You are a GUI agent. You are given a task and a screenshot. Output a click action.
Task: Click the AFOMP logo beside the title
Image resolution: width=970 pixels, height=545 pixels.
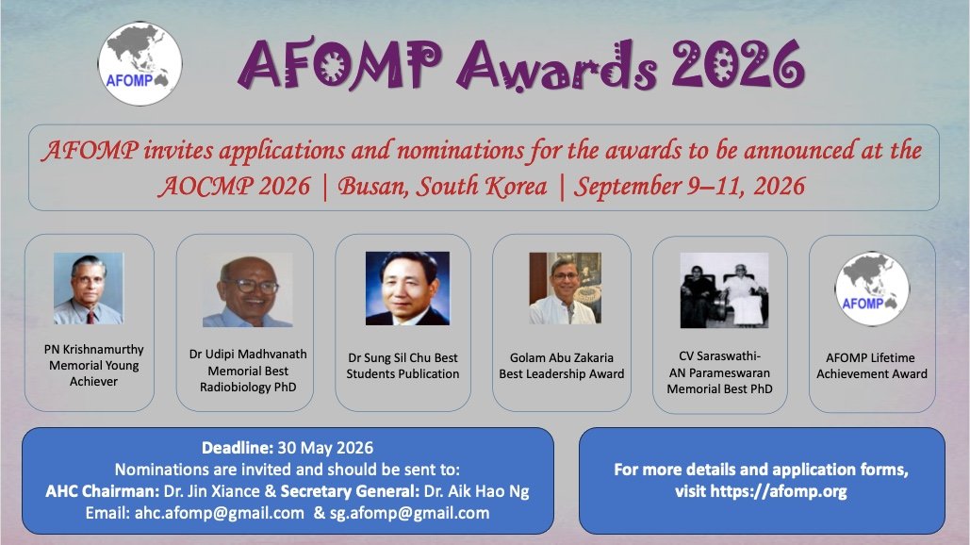pos(140,63)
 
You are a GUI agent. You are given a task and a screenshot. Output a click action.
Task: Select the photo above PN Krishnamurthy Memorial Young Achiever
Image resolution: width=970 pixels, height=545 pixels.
pos(89,289)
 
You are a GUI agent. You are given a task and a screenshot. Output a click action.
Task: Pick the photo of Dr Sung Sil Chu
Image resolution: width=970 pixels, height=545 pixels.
pos(407,289)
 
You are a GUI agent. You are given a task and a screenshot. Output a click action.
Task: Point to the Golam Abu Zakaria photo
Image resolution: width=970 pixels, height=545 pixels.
pos(565,289)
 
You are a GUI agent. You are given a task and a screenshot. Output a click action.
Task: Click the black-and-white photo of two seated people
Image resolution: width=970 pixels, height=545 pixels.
pos(724,290)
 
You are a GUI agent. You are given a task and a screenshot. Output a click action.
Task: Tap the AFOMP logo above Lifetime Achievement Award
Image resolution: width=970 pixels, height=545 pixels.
pos(872,289)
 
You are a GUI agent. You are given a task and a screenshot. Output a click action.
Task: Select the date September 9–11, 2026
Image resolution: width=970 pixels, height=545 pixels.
pos(690,186)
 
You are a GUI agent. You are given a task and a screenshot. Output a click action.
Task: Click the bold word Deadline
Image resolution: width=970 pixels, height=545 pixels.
pos(236,447)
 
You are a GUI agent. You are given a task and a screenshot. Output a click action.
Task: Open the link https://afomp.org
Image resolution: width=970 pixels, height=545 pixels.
pos(762,491)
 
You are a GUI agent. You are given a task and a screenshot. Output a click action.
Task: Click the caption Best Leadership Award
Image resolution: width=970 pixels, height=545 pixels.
pos(562,374)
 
